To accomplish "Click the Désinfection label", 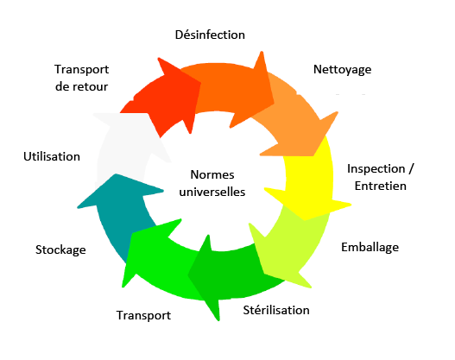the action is [210, 35].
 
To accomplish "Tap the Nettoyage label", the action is [343, 70].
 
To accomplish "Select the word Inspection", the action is [376, 169].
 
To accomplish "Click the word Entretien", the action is [381, 186].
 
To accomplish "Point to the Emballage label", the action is [370, 248].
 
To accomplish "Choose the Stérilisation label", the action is [276, 310].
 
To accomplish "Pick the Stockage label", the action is [60, 250].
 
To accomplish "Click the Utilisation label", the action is [52, 156].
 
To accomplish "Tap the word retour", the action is [91, 86].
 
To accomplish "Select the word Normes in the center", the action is [212, 175].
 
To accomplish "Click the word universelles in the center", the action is [212, 192].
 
